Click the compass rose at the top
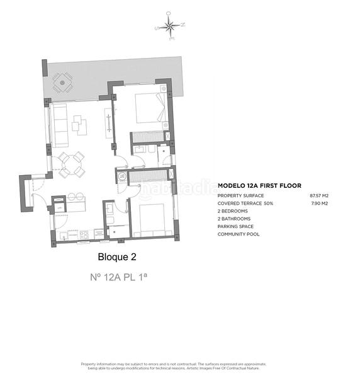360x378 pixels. point(170,26)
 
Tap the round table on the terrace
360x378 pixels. point(61,81)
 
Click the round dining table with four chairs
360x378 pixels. point(70,165)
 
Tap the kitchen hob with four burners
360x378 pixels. point(83,236)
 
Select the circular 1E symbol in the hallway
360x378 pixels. point(123,176)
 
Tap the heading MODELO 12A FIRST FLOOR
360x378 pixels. point(259,186)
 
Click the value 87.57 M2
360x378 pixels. point(319,196)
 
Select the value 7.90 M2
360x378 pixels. point(320,203)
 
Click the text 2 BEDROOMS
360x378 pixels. point(232,211)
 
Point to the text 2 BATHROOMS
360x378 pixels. point(233,219)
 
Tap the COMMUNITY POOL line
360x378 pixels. point(239,234)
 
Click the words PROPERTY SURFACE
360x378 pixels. point(239,196)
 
